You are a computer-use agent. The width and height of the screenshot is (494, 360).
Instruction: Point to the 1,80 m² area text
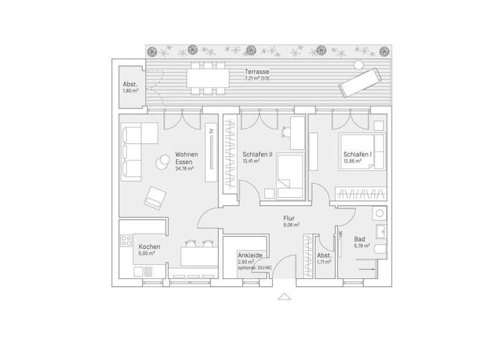tap(131, 91)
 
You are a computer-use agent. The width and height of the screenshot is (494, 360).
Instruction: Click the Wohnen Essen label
tap(187, 159)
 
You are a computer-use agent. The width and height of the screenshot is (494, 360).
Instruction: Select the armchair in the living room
tap(153, 196)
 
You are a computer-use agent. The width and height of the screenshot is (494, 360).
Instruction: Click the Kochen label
tap(149, 246)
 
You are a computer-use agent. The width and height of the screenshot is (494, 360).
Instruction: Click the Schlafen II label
tap(257, 155)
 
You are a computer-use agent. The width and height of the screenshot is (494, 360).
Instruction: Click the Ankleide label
tap(250, 255)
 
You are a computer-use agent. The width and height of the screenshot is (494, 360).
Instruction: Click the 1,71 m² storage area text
tap(324, 262)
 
